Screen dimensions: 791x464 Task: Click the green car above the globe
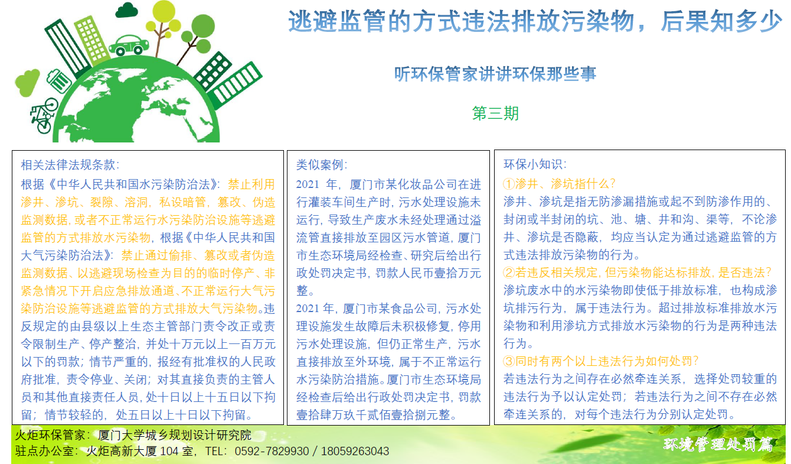(129, 46)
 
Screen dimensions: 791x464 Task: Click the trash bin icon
(59, 80)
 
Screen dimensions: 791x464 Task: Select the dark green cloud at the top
(127, 10)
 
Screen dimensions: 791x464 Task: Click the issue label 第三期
(495, 113)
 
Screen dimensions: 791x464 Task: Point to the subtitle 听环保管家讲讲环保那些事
(495, 74)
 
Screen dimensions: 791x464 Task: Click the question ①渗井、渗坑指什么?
(560, 184)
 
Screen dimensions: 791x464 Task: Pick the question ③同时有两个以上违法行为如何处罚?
(601, 361)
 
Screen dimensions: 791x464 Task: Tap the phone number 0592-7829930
(272, 451)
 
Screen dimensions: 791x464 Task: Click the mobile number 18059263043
(355, 451)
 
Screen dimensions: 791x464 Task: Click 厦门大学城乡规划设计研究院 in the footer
(175, 435)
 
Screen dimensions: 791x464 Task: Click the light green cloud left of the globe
(27, 82)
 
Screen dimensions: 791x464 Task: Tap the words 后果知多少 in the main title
(721, 21)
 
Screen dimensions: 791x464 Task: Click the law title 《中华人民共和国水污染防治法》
(133, 184)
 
